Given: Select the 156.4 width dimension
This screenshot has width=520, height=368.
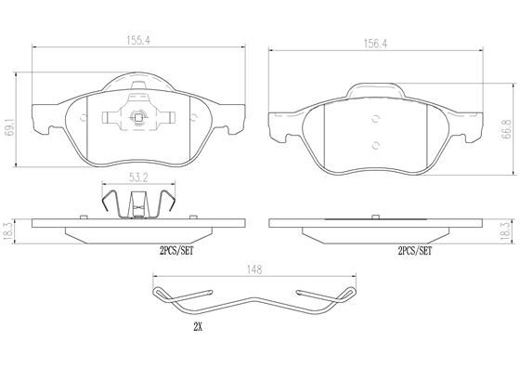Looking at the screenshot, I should click(375, 41).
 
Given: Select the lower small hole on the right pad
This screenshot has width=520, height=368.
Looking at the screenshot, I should click(375, 144).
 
